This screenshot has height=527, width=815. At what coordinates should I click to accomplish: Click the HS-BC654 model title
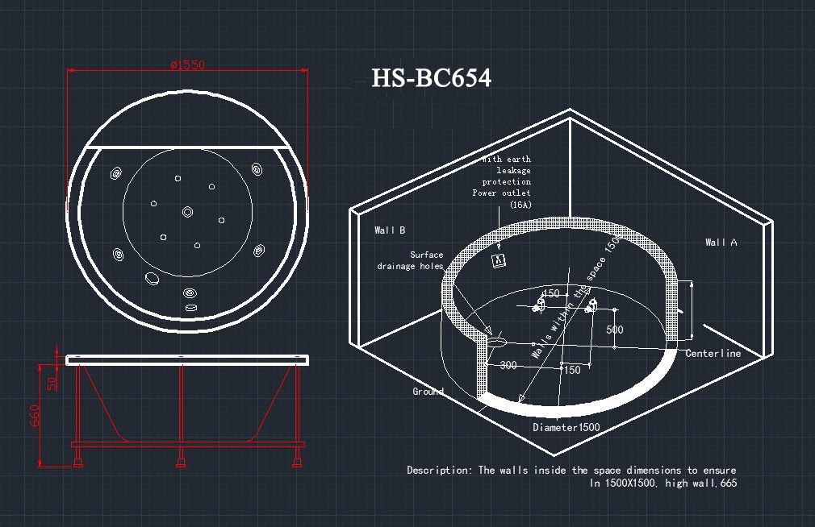click(x=431, y=78)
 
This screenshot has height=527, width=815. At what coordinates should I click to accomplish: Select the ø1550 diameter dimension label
click(x=186, y=65)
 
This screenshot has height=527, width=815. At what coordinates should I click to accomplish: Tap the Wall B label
click(x=390, y=230)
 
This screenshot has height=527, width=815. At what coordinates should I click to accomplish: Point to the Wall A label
click(x=721, y=243)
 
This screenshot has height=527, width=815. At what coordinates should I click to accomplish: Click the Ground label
click(x=428, y=392)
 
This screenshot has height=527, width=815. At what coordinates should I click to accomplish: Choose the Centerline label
click(x=713, y=354)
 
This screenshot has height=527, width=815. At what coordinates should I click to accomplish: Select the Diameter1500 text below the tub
click(x=566, y=428)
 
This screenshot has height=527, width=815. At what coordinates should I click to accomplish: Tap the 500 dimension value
click(x=615, y=330)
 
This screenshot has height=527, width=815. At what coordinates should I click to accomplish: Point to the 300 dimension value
click(x=508, y=366)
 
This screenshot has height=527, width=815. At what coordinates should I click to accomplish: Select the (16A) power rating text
click(x=520, y=205)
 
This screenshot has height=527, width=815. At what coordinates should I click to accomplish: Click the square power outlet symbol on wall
click(x=499, y=259)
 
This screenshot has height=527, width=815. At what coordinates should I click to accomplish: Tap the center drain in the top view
click(x=187, y=211)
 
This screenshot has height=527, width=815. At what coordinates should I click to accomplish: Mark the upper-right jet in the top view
click(x=257, y=169)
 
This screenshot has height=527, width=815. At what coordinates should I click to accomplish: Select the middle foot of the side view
click(x=180, y=462)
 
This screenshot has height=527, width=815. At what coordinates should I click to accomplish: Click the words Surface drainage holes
click(x=410, y=261)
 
